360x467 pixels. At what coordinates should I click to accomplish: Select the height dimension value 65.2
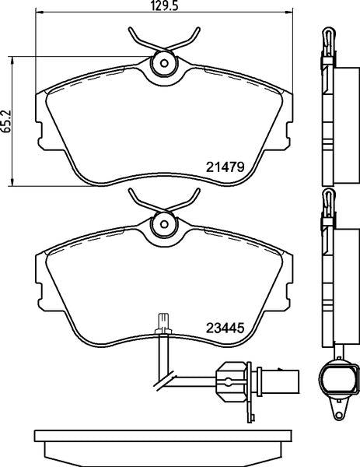tap(7, 121)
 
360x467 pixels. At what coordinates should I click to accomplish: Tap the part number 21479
tap(226, 166)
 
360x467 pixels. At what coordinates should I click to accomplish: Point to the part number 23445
tap(226, 328)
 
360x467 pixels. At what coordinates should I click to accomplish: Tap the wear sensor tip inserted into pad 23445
tap(163, 321)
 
